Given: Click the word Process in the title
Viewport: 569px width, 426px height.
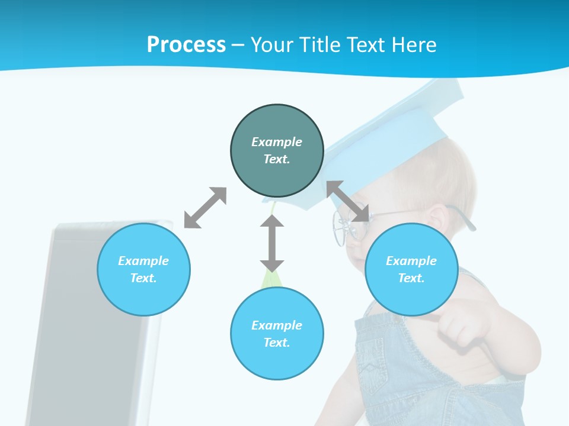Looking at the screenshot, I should (x=186, y=44).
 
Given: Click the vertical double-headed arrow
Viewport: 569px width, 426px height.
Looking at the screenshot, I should (x=272, y=243).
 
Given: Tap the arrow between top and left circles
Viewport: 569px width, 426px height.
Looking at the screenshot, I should (x=205, y=208).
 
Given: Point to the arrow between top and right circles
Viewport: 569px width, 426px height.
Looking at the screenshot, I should (x=348, y=201).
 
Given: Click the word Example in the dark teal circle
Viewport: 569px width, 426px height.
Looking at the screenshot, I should (x=277, y=142).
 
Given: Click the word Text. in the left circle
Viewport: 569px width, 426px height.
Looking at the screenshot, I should (x=143, y=278).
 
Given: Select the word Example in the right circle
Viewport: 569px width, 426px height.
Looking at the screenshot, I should (x=411, y=261).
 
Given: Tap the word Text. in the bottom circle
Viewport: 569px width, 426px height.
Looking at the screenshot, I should (x=277, y=343).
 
